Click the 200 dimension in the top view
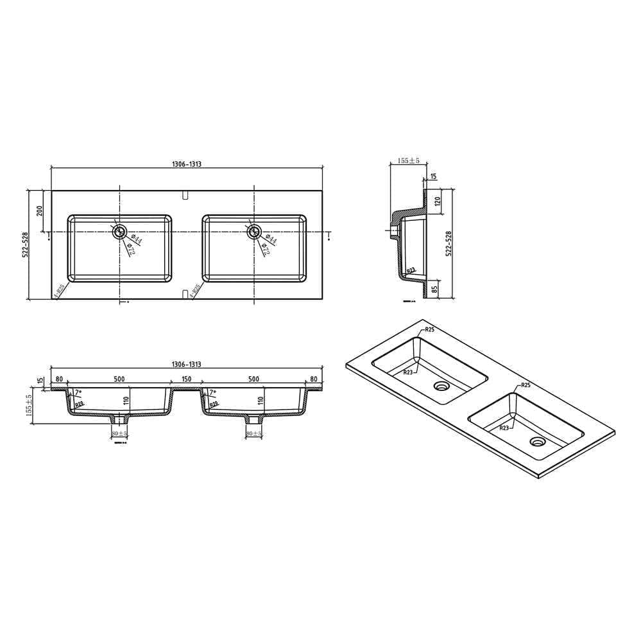tap(40, 210)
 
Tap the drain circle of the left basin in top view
tap(119, 232)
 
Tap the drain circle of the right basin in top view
tap(254, 232)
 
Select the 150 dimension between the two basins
tap(187, 379)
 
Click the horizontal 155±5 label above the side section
tap(407, 160)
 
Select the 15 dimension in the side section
tap(433, 176)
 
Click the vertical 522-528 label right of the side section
tap(449, 244)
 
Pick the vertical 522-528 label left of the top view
tap(26, 244)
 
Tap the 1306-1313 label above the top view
tap(187, 164)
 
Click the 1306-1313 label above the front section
tap(187, 365)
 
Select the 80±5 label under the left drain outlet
tap(120, 435)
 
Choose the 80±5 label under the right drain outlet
tap(255, 435)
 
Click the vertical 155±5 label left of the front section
tap(28, 406)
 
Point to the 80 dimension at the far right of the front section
tap(314, 379)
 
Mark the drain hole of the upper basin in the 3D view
tap(441, 386)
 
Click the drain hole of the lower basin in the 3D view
tap(536, 441)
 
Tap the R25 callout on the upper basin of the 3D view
tap(429, 330)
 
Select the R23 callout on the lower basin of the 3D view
tap(504, 428)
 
